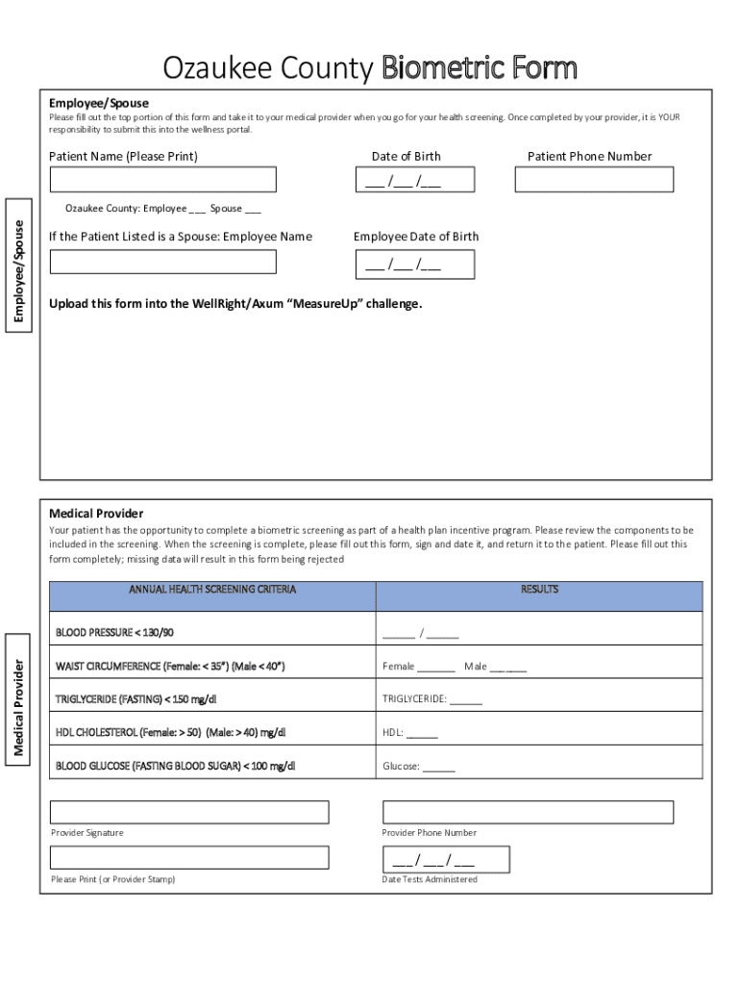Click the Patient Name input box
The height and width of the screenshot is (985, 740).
(162, 180)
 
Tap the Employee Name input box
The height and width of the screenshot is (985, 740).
(162, 262)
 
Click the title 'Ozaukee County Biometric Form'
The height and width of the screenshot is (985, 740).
(370, 68)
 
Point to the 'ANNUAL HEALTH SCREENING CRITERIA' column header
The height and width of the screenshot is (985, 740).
(212, 590)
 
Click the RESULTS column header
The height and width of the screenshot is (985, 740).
(539, 590)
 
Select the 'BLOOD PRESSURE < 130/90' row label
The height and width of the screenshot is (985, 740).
(115, 633)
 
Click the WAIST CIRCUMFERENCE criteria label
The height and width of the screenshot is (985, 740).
(170, 666)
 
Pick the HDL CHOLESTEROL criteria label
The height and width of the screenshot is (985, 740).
(170, 733)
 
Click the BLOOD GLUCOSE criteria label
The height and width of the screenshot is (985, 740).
(175, 767)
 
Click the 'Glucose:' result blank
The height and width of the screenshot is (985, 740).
(438, 768)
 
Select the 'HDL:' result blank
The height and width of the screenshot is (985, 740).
(422, 734)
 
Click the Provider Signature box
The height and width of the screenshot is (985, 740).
(189, 812)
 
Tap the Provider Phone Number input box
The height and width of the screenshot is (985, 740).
(528, 812)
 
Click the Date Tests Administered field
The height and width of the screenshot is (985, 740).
(446, 859)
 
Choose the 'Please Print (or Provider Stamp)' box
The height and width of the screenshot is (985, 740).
(189, 857)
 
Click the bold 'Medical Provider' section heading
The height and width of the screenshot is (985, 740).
(96, 514)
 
